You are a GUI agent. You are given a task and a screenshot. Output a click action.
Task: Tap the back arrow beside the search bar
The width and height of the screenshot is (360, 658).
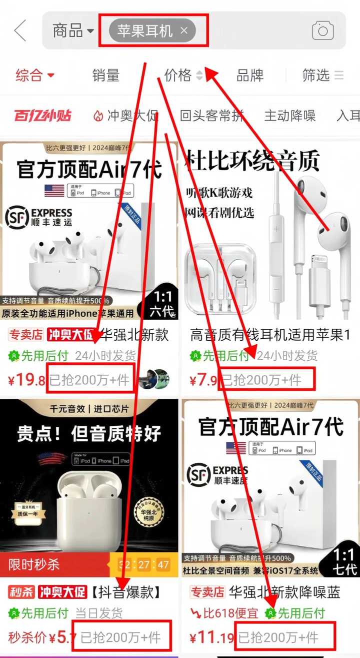click(20, 31)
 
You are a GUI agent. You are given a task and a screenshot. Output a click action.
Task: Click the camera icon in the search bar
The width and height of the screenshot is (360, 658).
click(322, 31)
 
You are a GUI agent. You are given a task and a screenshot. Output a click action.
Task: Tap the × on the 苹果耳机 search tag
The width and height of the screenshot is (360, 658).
click(184, 31)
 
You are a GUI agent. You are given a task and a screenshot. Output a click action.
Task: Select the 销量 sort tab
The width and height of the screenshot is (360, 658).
click(106, 76)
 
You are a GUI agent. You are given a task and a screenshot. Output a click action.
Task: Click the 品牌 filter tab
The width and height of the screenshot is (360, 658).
click(249, 76)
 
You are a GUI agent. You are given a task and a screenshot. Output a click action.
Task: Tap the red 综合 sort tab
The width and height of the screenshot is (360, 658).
click(34, 76)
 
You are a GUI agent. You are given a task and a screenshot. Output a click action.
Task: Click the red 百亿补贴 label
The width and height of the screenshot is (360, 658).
click(42, 116)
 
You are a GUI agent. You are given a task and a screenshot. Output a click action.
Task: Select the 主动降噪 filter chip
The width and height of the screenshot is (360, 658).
click(290, 116)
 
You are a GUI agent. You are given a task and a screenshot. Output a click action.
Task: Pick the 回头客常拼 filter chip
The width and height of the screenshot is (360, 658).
click(212, 116)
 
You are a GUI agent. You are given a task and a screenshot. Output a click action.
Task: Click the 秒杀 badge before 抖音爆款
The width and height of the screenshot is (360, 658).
click(21, 592)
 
